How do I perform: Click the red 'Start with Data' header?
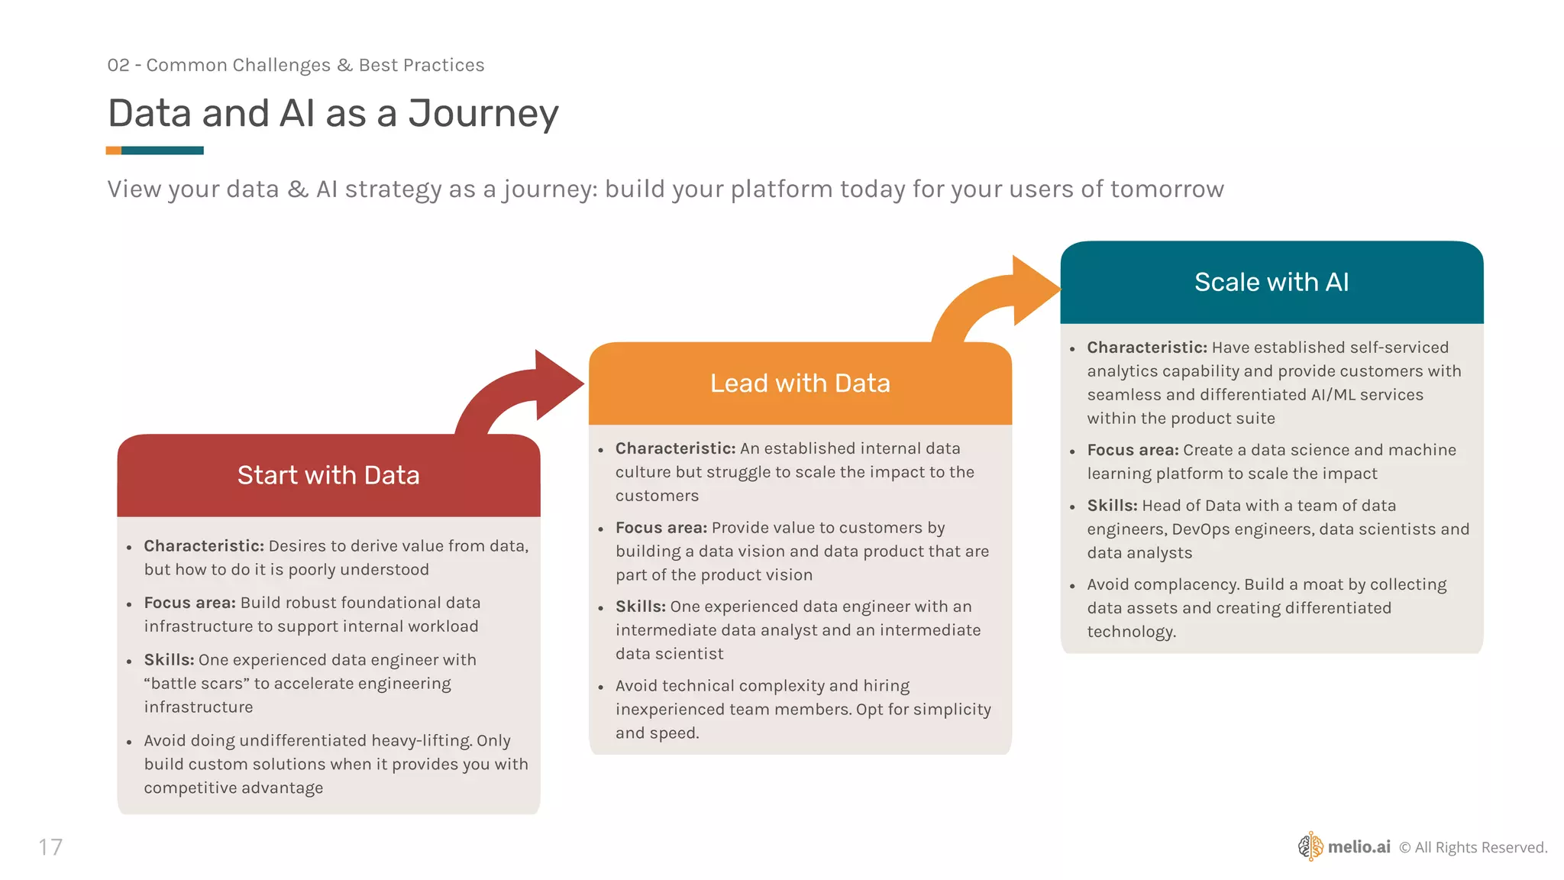328,475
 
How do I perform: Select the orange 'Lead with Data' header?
800,383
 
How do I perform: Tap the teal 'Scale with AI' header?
1272,282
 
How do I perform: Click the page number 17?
50,847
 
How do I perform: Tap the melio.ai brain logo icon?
1310,846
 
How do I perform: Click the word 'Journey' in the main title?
483,114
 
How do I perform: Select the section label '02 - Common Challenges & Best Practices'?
296,65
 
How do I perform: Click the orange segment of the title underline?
113,150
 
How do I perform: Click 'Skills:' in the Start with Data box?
169,660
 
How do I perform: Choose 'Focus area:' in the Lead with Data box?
661,528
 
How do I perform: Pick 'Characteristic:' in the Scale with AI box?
1147,348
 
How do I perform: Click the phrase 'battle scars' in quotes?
196,684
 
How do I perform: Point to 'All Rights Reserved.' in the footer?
1481,847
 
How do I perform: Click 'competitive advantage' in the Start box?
234,788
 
